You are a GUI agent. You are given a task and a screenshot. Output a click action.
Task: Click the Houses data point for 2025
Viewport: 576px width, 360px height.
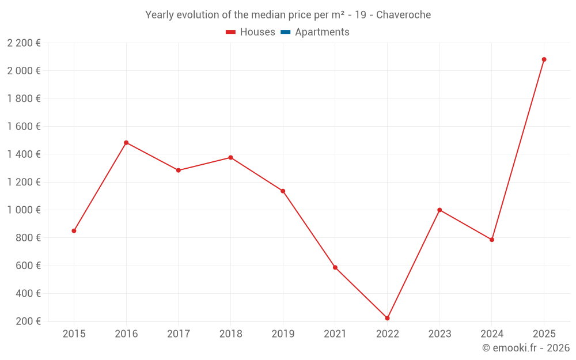coord(544,59)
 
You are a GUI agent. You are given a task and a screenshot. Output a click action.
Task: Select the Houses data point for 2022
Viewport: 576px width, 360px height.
coord(387,318)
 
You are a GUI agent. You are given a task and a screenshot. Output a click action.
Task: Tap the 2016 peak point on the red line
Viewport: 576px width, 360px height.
coord(126,142)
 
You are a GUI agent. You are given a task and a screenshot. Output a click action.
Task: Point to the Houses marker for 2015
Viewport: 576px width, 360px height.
coord(74,231)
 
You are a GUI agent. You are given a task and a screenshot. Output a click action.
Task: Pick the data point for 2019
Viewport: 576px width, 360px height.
coord(283,191)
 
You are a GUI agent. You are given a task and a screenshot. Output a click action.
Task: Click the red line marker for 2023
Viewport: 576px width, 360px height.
coord(439,210)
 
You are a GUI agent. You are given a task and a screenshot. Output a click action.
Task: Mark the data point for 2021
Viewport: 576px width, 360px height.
coord(335,267)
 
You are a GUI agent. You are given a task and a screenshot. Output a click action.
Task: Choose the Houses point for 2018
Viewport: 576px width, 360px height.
coord(230,157)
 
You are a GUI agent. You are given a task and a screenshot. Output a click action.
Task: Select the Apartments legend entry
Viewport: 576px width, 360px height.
coord(322,32)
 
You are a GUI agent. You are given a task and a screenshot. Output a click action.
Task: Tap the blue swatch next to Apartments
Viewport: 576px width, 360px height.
coord(285,32)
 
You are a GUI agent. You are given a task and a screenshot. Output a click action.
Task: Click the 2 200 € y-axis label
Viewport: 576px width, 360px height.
coord(24,43)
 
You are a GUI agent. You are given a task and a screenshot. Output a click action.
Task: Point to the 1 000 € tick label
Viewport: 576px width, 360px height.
coord(24,210)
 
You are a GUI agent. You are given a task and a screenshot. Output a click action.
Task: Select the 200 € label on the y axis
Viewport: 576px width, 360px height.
coord(28,321)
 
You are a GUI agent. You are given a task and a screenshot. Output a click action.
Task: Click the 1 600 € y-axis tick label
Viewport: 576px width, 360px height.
coord(24,126)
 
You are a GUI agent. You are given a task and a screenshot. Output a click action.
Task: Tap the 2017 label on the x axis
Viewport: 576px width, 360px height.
coord(179,334)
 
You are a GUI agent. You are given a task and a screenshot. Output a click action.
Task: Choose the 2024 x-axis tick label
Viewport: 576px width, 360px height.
coord(491,334)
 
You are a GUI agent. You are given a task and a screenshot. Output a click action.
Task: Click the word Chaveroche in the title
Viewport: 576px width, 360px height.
coord(403,15)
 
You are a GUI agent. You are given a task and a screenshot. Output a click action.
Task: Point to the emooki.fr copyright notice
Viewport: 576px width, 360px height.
coord(525,348)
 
